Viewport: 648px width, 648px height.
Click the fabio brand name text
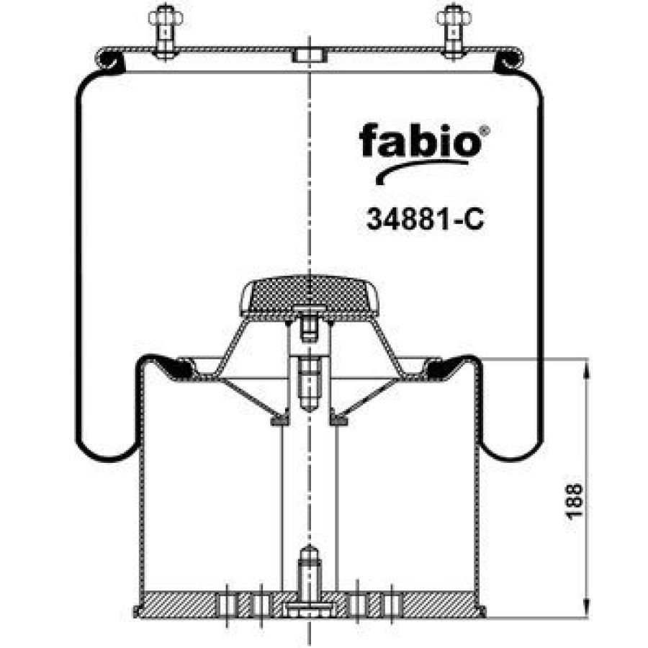(420, 140)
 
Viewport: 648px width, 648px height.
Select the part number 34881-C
(425, 219)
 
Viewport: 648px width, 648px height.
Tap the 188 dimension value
(574, 500)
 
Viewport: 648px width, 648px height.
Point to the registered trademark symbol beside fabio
(486, 130)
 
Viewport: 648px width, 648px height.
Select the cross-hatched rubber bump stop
(310, 294)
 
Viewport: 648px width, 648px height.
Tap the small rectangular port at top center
(310, 55)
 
